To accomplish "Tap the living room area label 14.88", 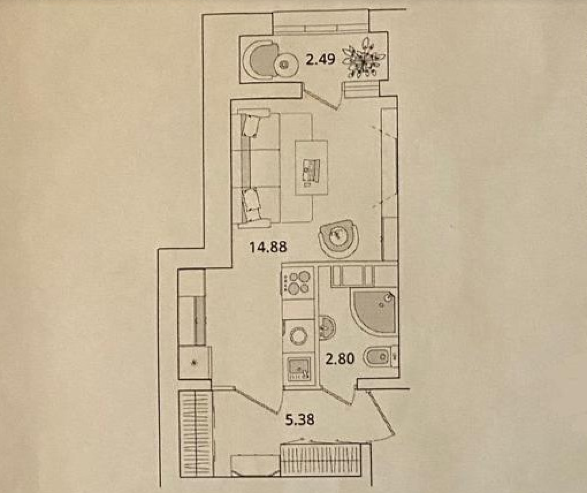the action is tap(268, 247).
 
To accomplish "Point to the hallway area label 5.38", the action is tap(300, 420).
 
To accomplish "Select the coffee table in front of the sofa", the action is tap(311, 168).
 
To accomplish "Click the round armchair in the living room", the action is tap(340, 237).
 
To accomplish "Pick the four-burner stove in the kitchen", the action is tap(299, 282).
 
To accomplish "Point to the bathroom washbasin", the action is tap(326, 328).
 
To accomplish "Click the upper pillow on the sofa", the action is tap(250, 125).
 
